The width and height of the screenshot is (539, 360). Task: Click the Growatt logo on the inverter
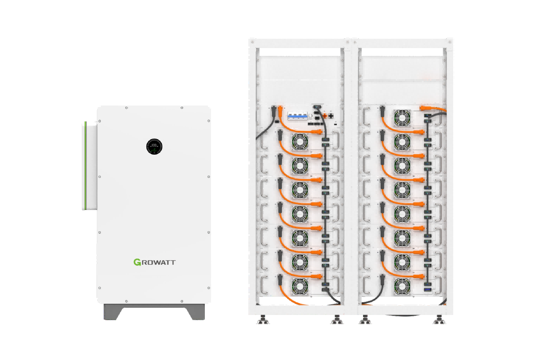[155, 262]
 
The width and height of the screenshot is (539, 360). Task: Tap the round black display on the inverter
[154, 146]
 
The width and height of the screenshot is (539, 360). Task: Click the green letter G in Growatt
[137, 262]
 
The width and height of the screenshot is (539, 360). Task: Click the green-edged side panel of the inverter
[84, 165]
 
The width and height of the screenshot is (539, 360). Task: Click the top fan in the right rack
[401, 117]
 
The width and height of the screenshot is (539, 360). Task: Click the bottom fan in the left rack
[300, 286]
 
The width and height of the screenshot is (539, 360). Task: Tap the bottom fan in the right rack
[401, 286]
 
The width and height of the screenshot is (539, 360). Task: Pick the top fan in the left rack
[300, 141]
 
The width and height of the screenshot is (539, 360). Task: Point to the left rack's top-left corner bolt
[251, 40]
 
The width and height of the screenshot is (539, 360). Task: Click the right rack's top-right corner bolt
[450, 40]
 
